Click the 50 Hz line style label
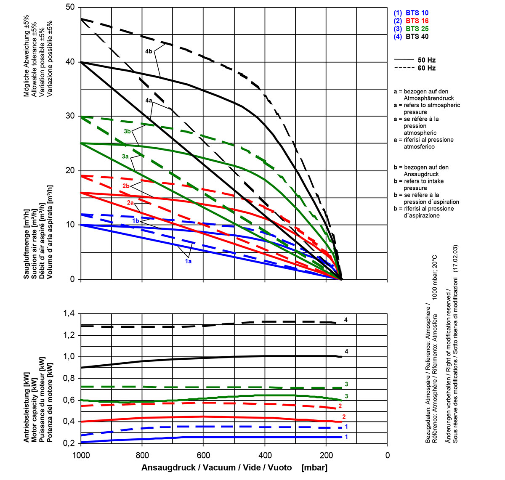coord(427,60)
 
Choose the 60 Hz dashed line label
coord(427,68)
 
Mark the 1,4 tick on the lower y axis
coord(69,314)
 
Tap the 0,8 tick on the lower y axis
coord(69,379)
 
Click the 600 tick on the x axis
coord(203,455)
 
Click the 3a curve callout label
coord(125,156)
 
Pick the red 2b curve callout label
coord(126,186)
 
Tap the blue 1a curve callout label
coord(188,261)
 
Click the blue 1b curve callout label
coord(136,221)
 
